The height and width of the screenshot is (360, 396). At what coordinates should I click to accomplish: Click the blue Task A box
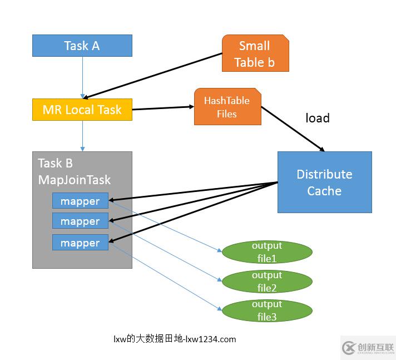(x=82, y=46)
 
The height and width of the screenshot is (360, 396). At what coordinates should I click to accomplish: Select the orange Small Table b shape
(x=255, y=54)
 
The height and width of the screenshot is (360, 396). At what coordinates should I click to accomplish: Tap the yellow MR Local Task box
(x=82, y=110)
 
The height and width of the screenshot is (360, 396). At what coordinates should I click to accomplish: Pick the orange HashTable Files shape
(x=227, y=107)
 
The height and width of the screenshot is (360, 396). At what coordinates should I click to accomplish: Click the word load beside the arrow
(x=318, y=118)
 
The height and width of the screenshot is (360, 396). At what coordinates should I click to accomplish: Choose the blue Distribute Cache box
(x=324, y=182)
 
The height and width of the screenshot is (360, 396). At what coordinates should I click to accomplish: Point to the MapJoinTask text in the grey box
(x=74, y=180)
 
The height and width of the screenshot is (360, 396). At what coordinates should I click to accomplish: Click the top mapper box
(x=80, y=201)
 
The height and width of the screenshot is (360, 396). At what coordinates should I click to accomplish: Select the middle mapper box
(x=80, y=221)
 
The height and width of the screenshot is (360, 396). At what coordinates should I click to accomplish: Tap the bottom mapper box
(x=80, y=243)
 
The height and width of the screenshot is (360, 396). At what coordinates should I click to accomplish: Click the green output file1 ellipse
(x=267, y=252)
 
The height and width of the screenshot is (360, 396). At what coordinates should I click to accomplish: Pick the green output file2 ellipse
(x=267, y=282)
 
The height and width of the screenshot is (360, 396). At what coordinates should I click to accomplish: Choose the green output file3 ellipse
(x=267, y=310)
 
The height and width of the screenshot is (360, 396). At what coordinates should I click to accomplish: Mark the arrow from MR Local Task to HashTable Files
(x=163, y=108)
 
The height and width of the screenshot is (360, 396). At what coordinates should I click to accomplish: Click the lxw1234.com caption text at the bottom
(x=175, y=339)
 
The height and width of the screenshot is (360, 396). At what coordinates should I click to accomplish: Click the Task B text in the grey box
(x=56, y=164)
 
